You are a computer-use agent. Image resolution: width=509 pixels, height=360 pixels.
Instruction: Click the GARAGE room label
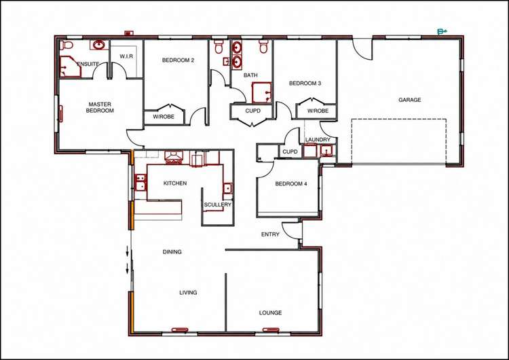[x=410, y=100]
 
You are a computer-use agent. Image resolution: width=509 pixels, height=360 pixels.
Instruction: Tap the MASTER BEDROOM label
[x=100, y=107]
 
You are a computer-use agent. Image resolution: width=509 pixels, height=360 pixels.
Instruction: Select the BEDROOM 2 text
[x=178, y=60]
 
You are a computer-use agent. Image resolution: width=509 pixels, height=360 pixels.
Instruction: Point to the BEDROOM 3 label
[x=305, y=83]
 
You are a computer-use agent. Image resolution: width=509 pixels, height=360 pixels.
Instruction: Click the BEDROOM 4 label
[x=291, y=183]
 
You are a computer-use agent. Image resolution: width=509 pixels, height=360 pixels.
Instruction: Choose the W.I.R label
[x=126, y=56]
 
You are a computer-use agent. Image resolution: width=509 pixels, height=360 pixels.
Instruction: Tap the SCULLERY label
[x=217, y=204]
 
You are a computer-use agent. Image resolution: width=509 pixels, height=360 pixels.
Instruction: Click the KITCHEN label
[x=175, y=183]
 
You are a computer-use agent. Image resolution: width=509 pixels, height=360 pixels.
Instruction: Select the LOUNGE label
[x=270, y=312]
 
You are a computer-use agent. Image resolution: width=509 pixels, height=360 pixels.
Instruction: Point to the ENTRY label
[x=270, y=234]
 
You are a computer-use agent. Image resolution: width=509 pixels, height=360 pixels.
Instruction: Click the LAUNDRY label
[x=318, y=140]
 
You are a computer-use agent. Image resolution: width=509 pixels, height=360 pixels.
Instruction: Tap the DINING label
[x=172, y=252]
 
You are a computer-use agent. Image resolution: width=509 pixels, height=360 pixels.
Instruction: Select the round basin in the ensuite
[x=98, y=45]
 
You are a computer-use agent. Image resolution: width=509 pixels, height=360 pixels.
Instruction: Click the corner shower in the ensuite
[x=70, y=67]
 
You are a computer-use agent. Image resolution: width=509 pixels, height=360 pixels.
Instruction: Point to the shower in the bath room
[x=262, y=92]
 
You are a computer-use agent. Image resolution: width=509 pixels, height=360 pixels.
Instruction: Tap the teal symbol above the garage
[x=442, y=31]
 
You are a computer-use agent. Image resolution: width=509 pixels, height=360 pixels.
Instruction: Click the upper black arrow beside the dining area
[x=128, y=251]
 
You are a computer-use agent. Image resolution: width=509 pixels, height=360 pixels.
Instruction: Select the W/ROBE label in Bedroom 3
[x=318, y=111]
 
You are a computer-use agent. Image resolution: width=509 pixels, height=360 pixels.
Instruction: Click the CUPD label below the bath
[x=253, y=111]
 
